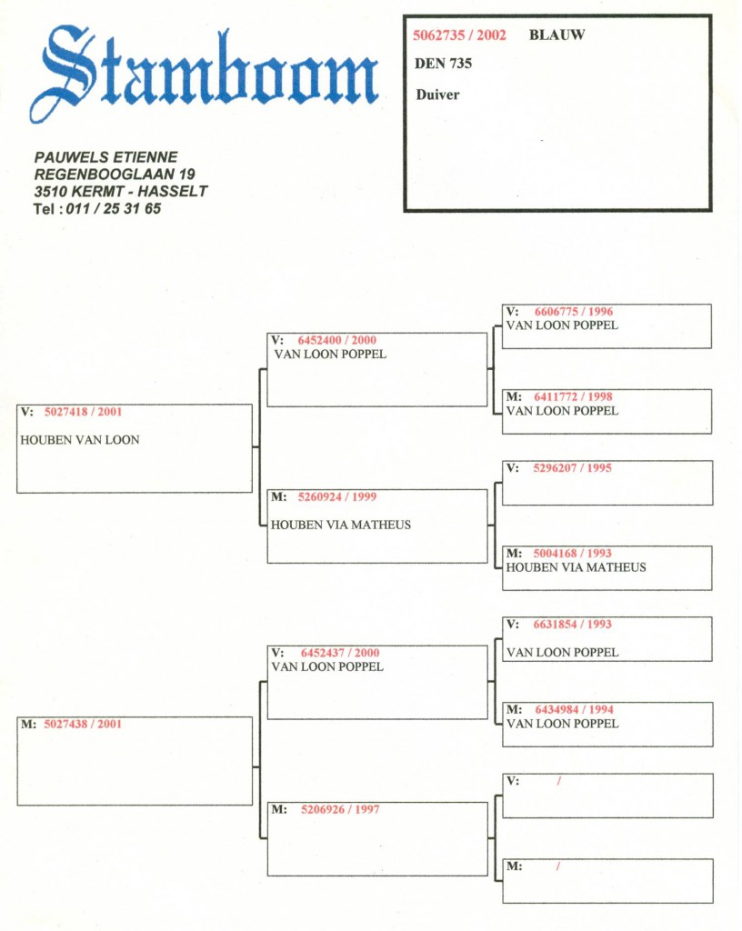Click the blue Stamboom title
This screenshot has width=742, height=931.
point(204,75)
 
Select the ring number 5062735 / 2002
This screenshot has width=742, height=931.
point(459,35)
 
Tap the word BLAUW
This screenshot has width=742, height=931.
point(556,35)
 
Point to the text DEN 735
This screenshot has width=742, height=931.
point(443,64)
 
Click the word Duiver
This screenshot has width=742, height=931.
point(437,95)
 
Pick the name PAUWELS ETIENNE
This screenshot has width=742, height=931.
point(105,157)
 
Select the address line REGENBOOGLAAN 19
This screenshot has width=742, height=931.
point(115,174)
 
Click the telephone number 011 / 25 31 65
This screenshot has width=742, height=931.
point(114,208)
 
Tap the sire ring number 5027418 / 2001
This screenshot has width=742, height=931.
point(83,412)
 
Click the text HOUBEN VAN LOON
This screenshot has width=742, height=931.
point(79,440)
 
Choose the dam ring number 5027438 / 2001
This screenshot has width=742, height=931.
point(83,724)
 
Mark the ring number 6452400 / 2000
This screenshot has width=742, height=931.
point(337,340)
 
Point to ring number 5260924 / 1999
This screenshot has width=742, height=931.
point(337,497)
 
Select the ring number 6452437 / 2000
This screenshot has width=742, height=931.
point(340,653)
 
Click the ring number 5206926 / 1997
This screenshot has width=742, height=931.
point(340,809)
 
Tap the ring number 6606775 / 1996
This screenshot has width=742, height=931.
point(574,312)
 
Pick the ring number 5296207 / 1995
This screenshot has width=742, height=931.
point(572,468)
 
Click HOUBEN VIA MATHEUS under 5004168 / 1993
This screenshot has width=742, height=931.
point(576,567)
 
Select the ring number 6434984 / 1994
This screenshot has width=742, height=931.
point(574,709)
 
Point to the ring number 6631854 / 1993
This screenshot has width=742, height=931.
point(572,624)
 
